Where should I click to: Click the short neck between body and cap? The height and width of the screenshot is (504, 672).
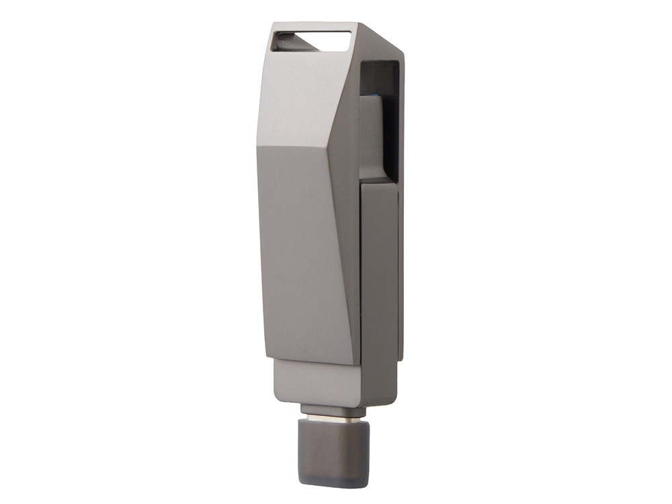pyautogui.click(x=334, y=409)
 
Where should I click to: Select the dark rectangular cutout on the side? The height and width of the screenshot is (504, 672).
pyautogui.click(x=380, y=121)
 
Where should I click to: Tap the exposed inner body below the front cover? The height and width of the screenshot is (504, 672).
pyautogui.click(x=316, y=383)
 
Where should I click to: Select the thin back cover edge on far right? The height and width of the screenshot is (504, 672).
pyautogui.click(x=401, y=269)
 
